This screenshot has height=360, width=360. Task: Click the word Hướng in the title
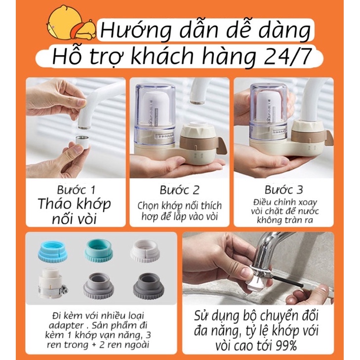(136, 31)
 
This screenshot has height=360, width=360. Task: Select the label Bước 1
(76, 190)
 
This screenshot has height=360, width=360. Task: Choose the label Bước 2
(180, 190)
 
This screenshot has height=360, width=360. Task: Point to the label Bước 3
(284, 190)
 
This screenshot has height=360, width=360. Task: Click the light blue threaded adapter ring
(52, 250)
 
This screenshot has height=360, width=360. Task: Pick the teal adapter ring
(99, 250)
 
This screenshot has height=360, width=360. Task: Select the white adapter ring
(145, 251)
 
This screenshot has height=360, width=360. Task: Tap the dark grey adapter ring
(148, 285)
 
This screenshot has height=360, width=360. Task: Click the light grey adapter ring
(98, 285)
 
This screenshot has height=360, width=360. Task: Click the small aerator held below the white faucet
(82, 142)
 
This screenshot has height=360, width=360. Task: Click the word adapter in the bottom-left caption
(66, 326)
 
